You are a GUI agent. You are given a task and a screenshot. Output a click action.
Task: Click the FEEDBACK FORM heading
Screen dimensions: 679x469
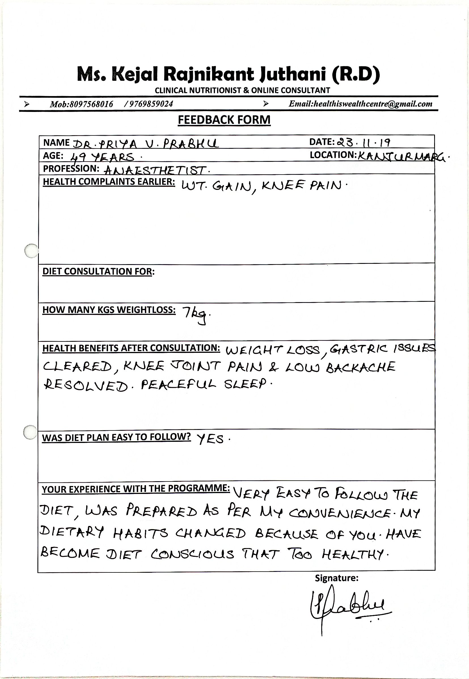pyautogui.click(x=224, y=120)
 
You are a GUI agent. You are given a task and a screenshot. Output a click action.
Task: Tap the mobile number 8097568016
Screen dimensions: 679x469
pyautogui.click(x=91, y=104)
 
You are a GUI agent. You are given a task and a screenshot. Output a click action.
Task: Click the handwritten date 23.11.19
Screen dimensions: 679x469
pyautogui.click(x=364, y=143)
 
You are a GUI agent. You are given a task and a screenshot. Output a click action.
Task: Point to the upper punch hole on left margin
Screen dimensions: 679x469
pyautogui.click(x=31, y=251)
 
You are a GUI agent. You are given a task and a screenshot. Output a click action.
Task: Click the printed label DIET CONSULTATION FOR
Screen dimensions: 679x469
pyautogui.click(x=98, y=271)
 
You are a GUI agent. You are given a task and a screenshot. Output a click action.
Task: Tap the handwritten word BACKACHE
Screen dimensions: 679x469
pyautogui.click(x=361, y=367)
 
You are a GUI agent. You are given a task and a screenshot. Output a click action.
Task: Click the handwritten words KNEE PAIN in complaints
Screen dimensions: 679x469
pyautogui.click(x=301, y=186)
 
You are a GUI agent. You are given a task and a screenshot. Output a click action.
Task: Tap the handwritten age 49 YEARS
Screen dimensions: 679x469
pyautogui.click(x=103, y=157)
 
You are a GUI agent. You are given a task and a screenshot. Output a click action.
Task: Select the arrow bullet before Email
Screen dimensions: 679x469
pyautogui.click(x=266, y=104)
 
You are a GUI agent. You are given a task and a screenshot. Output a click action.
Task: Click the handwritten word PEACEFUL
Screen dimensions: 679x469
pyautogui.click(x=178, y=385)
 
